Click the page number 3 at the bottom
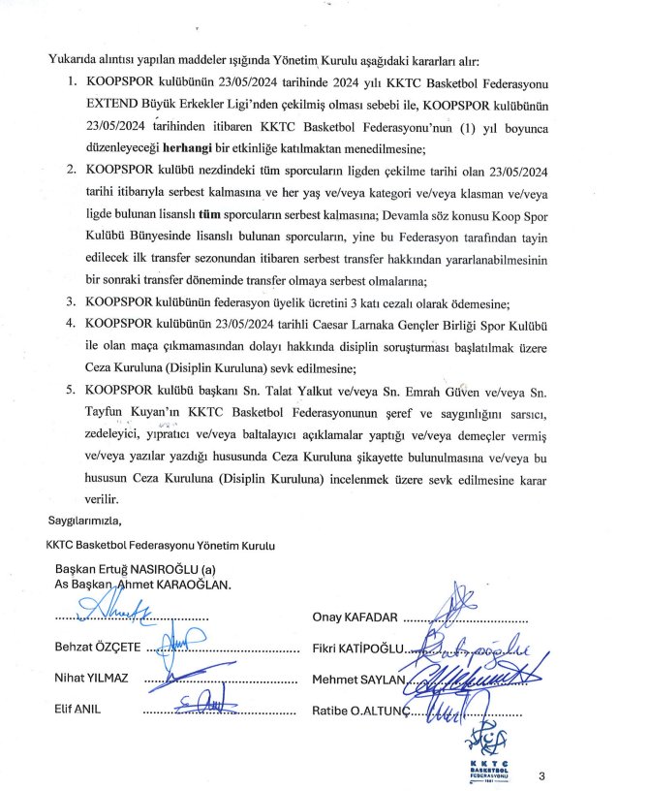(x=542, y=775)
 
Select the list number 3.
(x=72, y=301)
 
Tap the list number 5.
(x=72, y=389)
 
